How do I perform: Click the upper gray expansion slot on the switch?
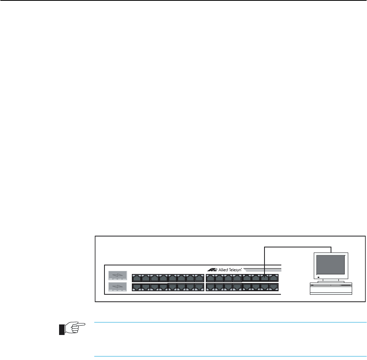click(118, 275)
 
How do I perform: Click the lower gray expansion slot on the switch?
click(118, 288)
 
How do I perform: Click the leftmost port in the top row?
click(137, 278)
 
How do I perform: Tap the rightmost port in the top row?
click(274, 278)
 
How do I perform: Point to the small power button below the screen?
click(319, 277)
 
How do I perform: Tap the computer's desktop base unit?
click(331, 288)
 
